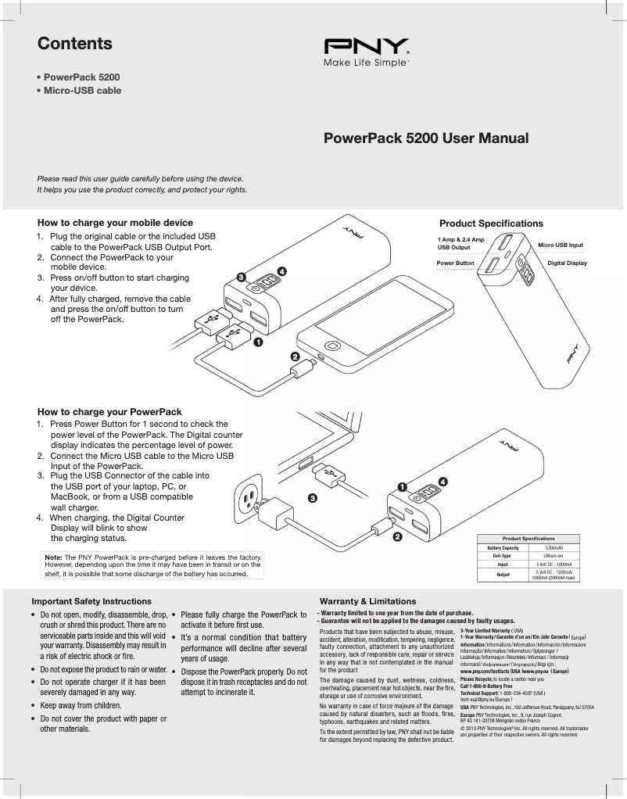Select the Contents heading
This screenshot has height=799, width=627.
[75, 45]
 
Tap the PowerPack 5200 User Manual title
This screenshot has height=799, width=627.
[426, 138]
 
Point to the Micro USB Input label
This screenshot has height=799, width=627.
[561, 245]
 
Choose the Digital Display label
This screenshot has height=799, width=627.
[567, 263]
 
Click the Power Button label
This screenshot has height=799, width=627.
[455, 263]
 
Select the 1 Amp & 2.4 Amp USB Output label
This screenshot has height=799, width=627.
[460, 243]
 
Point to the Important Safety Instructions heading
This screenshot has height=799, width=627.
[91, 601]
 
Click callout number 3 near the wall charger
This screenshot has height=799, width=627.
[312, 497]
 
